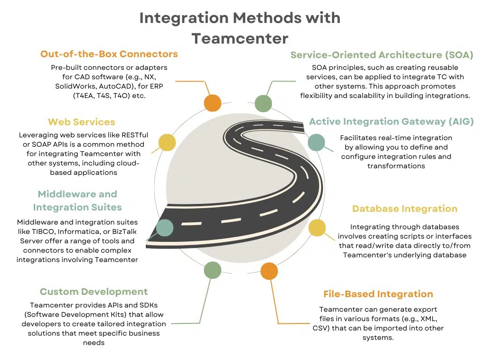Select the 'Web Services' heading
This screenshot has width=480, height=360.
[82, 122]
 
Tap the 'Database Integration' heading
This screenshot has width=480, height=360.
[405, 209]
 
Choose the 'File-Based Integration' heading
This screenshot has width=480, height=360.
[378, 294]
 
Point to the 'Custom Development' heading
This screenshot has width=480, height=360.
[94, 292]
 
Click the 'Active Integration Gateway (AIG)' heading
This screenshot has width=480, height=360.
[391, 122]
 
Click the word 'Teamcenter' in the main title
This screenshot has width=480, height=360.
[240, 38]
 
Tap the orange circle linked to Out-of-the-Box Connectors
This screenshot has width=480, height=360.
[212, 103]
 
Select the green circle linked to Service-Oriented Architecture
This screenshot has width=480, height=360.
[263, 103]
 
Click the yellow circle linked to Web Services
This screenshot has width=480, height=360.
[166, 142]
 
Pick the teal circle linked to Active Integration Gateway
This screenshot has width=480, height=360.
[316, 142]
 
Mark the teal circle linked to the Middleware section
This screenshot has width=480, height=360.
[165, 227]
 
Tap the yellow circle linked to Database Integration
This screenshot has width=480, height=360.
[317, 228]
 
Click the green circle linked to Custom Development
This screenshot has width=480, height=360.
[212, 270]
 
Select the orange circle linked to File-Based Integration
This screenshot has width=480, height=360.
[269, 271]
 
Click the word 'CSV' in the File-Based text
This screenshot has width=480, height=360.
[322, 328]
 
